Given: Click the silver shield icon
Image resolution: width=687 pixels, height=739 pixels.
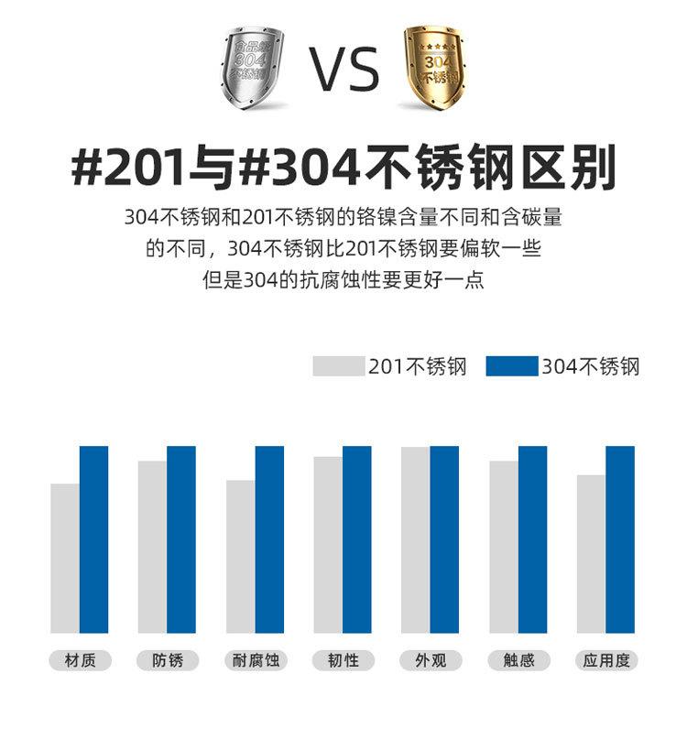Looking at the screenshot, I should pos(252,69).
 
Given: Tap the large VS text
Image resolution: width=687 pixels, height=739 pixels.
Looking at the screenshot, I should pos(343,68).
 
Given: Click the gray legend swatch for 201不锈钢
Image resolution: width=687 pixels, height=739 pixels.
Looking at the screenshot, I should pos(339,366).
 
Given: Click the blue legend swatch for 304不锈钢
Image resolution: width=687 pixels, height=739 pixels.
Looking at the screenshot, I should pos(512,366).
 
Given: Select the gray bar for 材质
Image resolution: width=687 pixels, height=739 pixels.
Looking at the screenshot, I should pos(65,558).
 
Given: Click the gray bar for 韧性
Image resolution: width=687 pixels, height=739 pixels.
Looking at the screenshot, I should pos(328,544).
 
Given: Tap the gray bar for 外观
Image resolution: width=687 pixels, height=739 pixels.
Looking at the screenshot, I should pos(415,539).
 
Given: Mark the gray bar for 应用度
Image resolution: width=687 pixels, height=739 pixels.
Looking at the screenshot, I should pos(591,553).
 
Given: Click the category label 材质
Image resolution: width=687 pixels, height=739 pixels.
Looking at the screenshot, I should pos(80,660).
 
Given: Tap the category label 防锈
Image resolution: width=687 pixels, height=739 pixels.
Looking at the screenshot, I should pos(168,660).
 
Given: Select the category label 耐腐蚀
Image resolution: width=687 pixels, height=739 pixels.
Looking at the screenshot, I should pos(256,660).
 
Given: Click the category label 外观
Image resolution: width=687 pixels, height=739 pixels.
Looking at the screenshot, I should pos(431,660).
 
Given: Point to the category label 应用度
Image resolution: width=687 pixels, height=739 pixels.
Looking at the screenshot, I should pos(606,660).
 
